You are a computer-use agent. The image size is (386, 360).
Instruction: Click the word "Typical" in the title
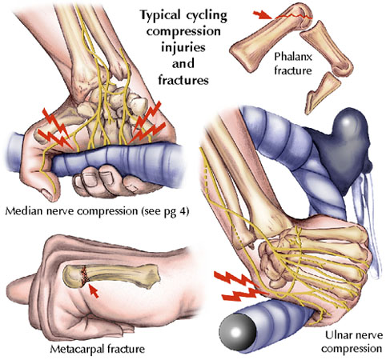click(160, 16)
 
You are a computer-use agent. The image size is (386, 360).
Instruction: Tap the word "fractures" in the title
click(183, 80)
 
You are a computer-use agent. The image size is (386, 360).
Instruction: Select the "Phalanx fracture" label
click(293, 63)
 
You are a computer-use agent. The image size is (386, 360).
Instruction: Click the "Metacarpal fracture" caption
click(98, 349)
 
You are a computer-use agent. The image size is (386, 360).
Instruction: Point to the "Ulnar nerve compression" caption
click(353, 342)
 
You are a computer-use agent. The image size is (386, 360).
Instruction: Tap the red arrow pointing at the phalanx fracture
click(263, 15)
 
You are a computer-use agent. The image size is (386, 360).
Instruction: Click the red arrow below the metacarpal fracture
click(94, 290)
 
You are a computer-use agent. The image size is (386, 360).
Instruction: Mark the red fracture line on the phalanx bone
click(294, 17)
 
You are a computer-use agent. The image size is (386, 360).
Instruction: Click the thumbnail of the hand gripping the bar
click(48, 195)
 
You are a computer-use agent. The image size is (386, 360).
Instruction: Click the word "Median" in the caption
click(22, 211)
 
